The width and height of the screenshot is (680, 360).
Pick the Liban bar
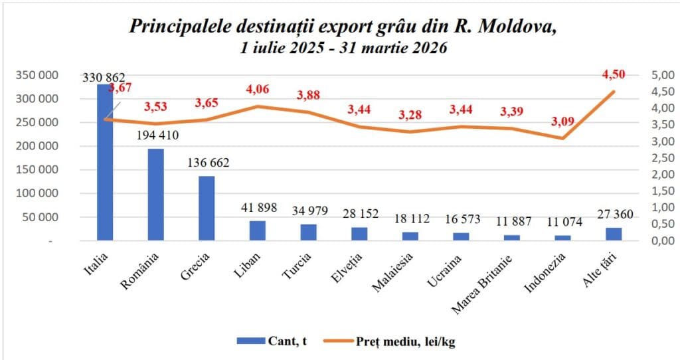pos(258,230)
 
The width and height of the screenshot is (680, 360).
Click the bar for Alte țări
pos(614,233)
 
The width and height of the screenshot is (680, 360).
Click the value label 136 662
pos(207,163)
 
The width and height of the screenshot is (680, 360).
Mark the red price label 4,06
pos(258,90)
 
